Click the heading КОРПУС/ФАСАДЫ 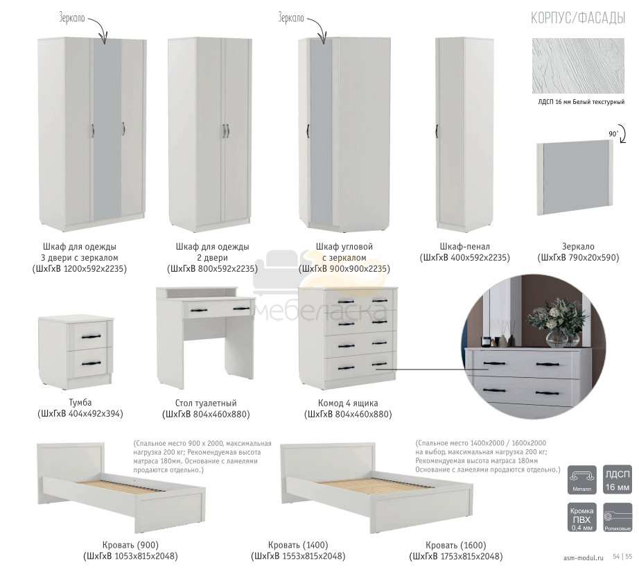coord(577,18)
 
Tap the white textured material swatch coord(578,66)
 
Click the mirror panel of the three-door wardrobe coord(107,131)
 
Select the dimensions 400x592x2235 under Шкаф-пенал coord(480,258)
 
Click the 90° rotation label coord(613,134)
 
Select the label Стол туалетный coord(206,404)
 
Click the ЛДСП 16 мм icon coord(617,480)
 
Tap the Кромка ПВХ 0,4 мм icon coord(581,517)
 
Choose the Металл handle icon coord(581,480)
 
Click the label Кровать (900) coord(130,545)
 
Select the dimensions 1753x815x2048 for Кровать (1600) coord(471,557)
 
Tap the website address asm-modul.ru coord(583,558)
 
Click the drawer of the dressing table coord(216,309)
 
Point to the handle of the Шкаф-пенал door coord(437,131)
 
